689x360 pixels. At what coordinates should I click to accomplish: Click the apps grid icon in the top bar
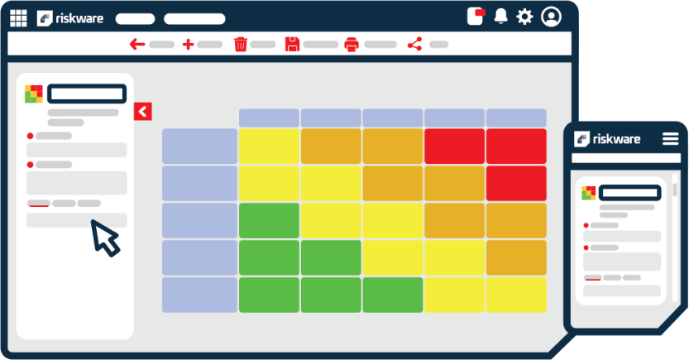[18, 17]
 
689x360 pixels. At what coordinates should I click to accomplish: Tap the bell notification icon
[500, 17]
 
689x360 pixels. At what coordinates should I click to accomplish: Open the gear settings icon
[524, 17]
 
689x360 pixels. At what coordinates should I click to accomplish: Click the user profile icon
[551, 17]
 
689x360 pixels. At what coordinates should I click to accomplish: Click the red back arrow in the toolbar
[137, 45]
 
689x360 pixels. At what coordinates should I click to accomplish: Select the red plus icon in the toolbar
[188, 45]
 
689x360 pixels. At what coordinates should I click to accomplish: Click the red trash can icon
[241, 45]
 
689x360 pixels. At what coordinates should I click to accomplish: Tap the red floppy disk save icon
[292, 45]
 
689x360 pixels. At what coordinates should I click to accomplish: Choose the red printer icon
[352, 45]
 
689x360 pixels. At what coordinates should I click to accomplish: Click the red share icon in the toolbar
[414, 45]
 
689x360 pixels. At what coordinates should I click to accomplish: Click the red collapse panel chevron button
[142, 111]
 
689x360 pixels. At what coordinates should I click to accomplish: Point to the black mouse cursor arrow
[104, 237]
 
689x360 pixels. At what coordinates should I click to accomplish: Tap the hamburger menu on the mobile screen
[670, 139]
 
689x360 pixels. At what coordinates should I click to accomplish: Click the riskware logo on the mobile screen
[608, 139]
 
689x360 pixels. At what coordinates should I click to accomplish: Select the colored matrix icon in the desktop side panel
[33, 94]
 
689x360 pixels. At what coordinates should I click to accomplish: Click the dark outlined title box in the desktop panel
[87, 94]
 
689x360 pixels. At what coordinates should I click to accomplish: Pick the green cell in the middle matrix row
[269, 220]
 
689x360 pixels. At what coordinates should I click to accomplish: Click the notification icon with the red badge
[475, 17]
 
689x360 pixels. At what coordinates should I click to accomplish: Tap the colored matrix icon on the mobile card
[588, 193]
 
